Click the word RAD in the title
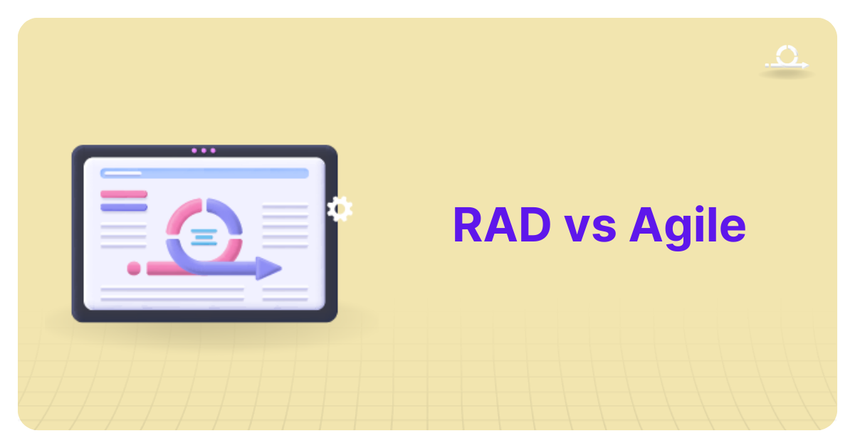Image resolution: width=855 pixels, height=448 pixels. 501,226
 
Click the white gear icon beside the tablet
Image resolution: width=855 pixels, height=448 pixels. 340,209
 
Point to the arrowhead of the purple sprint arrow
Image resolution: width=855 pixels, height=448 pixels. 269,268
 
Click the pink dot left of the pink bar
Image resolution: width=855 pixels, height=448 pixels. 134,269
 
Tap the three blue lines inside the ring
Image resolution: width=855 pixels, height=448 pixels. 204,235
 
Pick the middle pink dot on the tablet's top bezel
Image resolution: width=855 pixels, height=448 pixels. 204,150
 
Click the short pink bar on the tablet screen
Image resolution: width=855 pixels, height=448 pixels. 124,194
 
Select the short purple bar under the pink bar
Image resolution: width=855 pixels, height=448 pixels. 124,207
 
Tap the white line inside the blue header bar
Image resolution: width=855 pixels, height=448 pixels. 122,173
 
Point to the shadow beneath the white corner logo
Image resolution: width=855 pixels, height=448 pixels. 786,73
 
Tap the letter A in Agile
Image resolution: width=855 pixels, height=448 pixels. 646,226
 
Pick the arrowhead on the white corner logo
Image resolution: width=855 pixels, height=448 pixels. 804,66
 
